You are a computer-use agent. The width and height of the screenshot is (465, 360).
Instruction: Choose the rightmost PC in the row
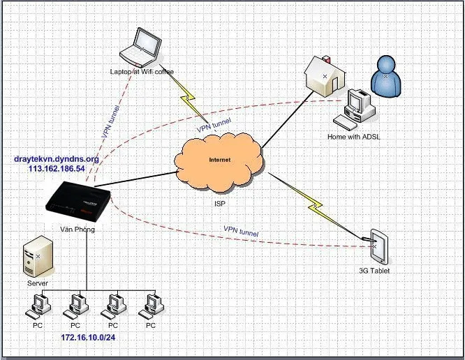[150, 306]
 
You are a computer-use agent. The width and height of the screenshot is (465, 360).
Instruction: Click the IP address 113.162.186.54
[57, 169]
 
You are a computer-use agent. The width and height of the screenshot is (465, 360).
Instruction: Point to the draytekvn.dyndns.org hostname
[57, 159]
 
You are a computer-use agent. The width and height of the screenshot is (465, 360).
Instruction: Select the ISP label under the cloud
[221, 204]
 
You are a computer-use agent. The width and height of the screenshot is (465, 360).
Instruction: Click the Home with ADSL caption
[354, 137]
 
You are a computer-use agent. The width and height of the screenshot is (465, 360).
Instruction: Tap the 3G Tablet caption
[376, 271]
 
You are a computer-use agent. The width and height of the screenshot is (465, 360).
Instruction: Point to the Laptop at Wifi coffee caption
[142, 71]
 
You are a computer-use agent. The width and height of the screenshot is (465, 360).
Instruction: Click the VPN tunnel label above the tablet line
[241, 231]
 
